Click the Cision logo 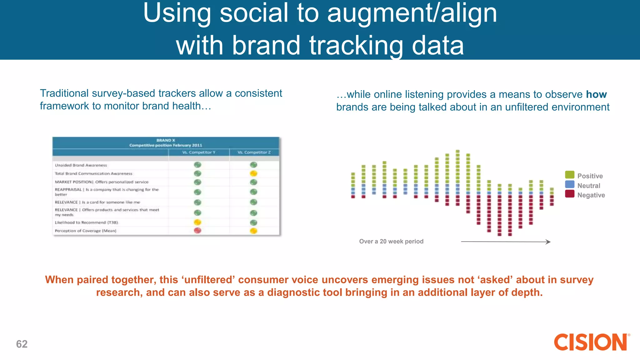(x=591, y=342)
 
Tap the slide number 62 (x=22, y=344)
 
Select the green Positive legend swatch (x=569, y=175)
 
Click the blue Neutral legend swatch (x=569, y=184)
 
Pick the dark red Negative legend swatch (x=569, y=194)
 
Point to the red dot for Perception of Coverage (x=197, y=231)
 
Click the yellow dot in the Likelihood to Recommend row (x=197, y=222)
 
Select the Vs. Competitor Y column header (x=199, y=152)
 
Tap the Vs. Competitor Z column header (x=254, y=152)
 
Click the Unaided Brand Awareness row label (x=81, y=165)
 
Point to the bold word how (x=596, y=94)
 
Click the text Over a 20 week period (x=391, y=241)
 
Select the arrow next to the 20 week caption (x=505, y=242)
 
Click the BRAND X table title (x=166, y=140)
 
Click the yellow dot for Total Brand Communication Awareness (x=254, y=173)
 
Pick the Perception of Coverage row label (x=86, y=231)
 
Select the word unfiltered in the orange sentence (x=209, y=280)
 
